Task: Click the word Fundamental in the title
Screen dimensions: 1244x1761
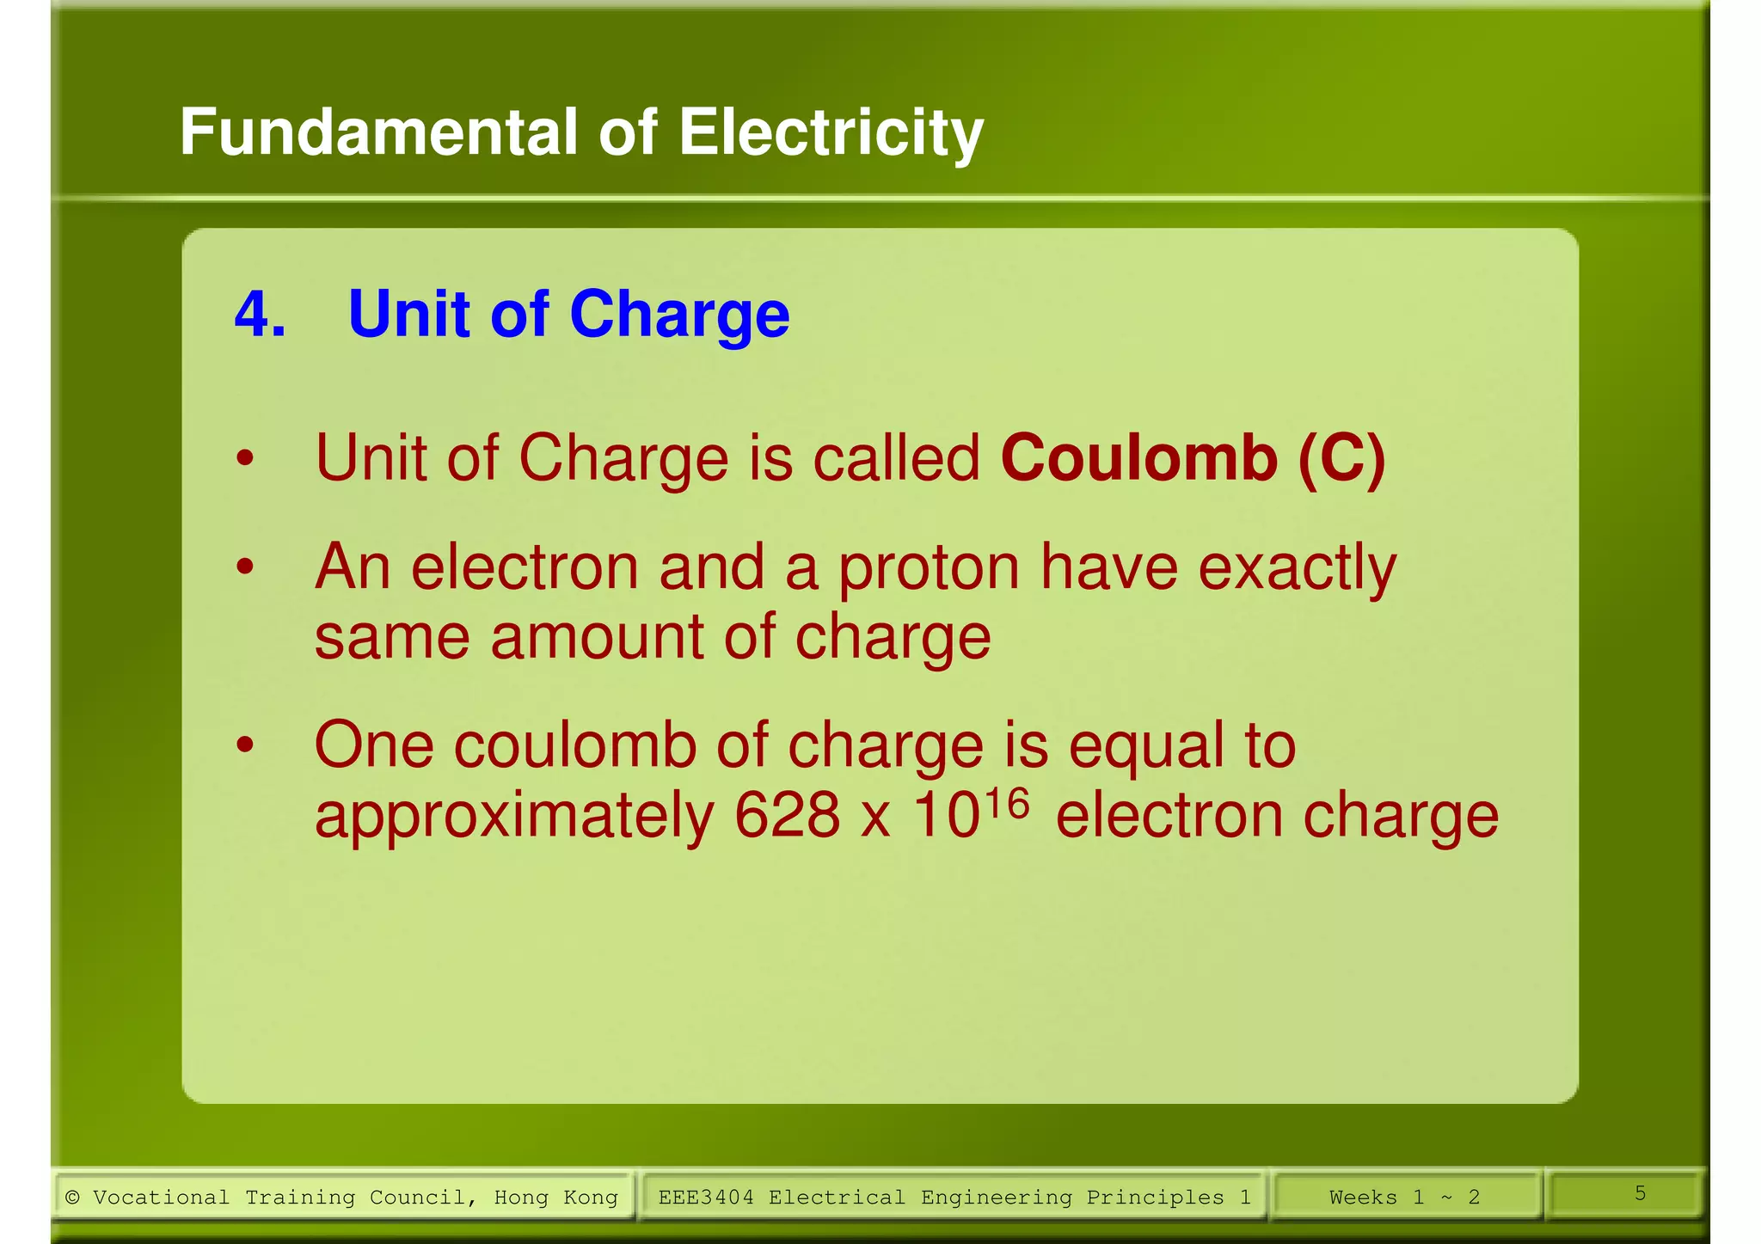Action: coord(378,133)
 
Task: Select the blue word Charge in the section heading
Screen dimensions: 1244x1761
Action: coord(678,316)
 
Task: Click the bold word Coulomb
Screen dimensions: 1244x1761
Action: coord(1138,457)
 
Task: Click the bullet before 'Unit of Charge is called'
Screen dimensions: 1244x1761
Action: coord(246,458)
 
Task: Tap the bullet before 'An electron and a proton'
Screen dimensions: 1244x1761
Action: coord(246,567)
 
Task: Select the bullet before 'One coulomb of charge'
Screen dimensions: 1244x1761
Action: coord(246,745)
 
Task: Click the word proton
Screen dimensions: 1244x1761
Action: coord(929,570)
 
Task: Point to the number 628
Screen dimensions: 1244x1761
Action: coord(786,815)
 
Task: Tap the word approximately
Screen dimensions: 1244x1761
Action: coord(513,817)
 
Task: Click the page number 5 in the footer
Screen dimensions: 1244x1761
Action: coord(1640,1193)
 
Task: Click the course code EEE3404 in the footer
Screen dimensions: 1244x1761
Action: coord(706,1198)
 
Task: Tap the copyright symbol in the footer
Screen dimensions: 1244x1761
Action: coord(72,1198)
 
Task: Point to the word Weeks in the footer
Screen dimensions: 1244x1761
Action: coord(1363,1198)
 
